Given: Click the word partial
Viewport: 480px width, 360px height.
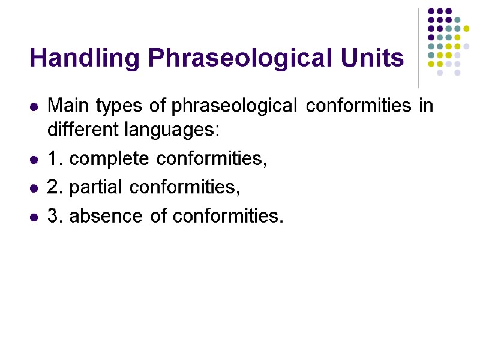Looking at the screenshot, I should click(x=98, y=188).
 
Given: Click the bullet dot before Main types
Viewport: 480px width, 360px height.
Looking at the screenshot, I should click(x=34, y=108).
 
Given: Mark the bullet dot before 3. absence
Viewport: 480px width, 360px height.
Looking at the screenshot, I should click(x=34, y=217).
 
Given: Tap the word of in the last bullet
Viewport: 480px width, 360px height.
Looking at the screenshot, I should click(x=158, y=216).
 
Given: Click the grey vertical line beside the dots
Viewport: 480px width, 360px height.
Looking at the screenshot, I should click(x=418, y=48).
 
